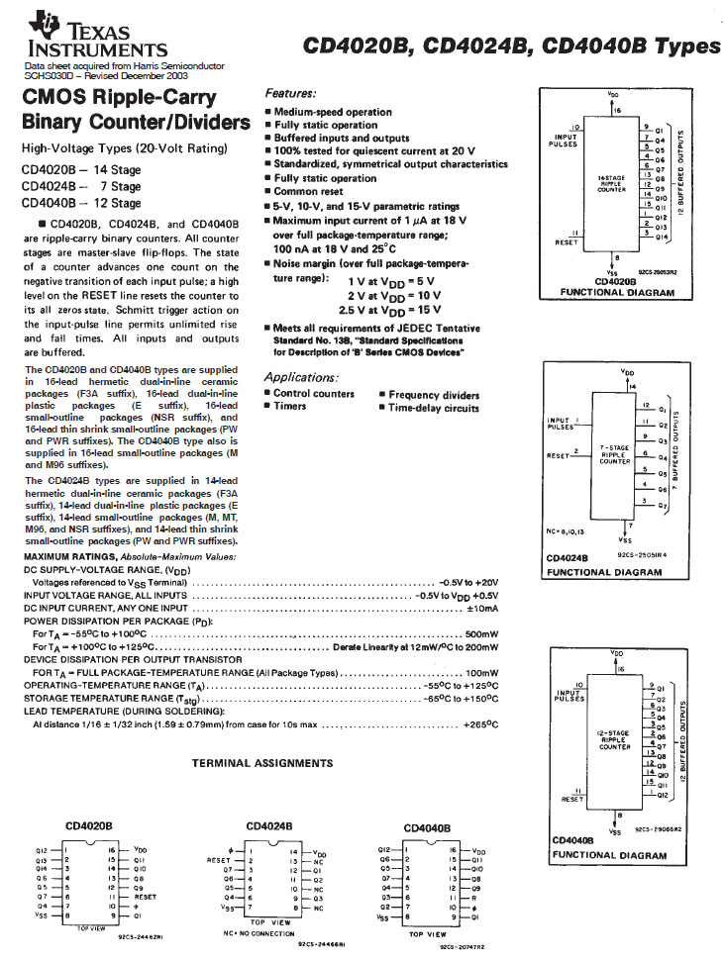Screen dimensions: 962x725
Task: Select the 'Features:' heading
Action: click(290, 92)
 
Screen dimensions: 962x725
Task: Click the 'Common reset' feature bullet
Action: click(310, 191)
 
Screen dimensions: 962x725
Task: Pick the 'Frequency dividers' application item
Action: click(434, 394)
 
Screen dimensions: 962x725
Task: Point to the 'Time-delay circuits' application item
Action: click(434, 408)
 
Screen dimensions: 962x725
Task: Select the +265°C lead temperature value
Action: click(480, 724)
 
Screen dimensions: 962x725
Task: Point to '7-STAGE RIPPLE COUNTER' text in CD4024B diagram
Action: click(615, 454)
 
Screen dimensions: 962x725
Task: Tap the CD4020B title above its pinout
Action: click(89, 824)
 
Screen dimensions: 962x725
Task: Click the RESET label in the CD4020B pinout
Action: click(145, 897)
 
